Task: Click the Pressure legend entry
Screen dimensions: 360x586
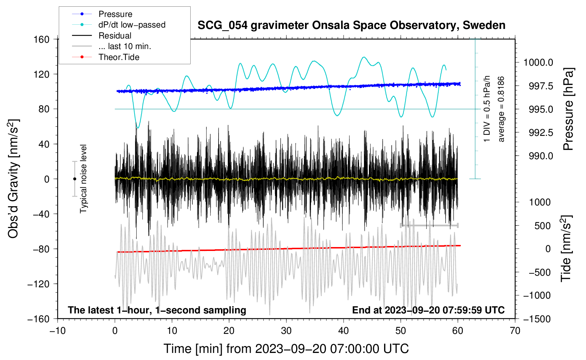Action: coord(115,14)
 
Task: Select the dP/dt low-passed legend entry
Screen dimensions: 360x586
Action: coord(132,25)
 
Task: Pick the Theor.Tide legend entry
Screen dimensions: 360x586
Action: coord(119,57)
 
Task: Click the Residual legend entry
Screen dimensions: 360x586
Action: coord(115,36)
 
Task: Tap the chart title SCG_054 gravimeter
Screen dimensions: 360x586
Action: coord(351,25)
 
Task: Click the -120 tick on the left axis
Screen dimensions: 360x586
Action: coord(38,284)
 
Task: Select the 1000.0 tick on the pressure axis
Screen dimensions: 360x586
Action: coord(538,62)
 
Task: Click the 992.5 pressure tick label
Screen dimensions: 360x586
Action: coord(541,133)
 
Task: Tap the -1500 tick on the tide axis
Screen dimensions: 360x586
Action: coord(537,319)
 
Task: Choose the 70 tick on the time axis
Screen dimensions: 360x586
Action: coord(515,331)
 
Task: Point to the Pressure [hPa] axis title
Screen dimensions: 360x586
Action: coord(568,109)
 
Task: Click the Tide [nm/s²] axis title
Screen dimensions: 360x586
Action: coord(566,248)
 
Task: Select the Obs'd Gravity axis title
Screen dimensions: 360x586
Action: coord(13,179)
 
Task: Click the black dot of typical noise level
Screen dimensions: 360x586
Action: coord(74,179)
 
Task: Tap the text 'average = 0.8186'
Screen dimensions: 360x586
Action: coord(501,109)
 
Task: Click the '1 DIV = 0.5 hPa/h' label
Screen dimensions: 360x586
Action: coord(487,109)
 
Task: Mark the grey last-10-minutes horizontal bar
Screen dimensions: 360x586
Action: coord(429,225)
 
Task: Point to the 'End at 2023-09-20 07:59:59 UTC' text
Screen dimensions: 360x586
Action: coord(428,310)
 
